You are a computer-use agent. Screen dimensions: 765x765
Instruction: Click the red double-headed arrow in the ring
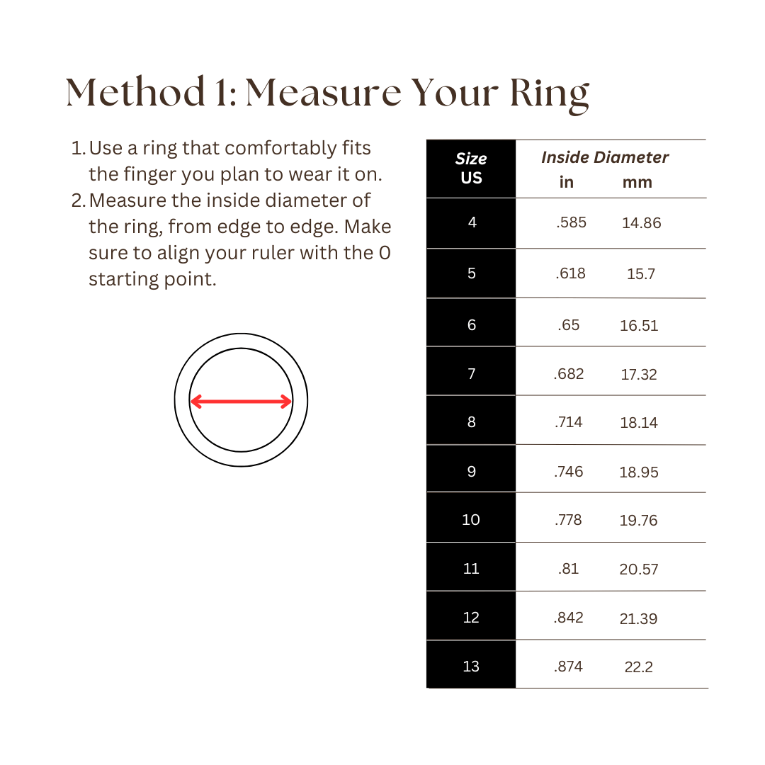(x=241, y=402)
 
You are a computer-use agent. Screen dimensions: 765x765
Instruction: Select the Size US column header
(x=471, y=169)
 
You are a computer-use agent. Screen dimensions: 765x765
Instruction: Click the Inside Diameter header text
(x=605, y=157)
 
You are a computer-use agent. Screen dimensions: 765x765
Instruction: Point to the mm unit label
(x=637, y=183)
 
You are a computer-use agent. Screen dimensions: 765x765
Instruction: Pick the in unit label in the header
(x=566, y=183)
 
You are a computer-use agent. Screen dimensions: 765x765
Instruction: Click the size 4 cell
(x=472, y=222)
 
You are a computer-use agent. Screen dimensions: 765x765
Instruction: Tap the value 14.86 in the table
(x=641, y=223)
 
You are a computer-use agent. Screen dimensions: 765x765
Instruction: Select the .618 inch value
(x=570, y=273)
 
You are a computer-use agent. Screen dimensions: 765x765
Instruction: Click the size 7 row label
(x=472, y=373)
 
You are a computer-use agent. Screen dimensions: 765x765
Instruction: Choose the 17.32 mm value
(x=639, y=374)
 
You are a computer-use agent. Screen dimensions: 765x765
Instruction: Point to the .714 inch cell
(x=569, y=422)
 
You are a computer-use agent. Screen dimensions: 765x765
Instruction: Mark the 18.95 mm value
(x=639, y=472)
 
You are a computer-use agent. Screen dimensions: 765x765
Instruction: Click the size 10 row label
(x=471, y=520)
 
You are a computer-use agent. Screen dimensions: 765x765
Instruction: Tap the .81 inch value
(x=568, y=569)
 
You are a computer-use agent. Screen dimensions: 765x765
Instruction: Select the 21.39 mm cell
(x=638, y=618)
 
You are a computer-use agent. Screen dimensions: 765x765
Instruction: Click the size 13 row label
(x=471, y=667)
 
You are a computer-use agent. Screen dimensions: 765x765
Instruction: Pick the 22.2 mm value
(x=638, y=667)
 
